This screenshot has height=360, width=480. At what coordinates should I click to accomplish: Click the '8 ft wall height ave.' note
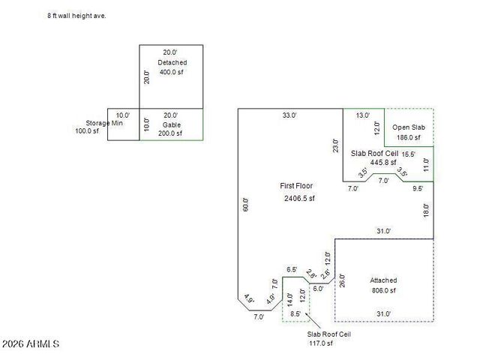(x=76, y=15)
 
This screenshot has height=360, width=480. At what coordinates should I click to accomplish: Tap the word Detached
(x=172, y=62)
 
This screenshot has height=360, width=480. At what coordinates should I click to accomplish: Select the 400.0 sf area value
(x=171, y=72)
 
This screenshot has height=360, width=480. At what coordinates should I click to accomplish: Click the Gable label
(x=172, y=124)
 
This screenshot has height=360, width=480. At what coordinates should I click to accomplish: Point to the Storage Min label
(x=103, y=123)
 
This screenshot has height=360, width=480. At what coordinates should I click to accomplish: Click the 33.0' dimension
(x=289, y=115)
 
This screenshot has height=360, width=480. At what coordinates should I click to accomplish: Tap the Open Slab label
(x=409, y=127)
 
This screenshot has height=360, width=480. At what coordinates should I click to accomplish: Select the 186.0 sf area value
(x=409, y=137)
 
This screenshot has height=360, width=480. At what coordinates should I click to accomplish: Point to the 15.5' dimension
(x=409, y=154)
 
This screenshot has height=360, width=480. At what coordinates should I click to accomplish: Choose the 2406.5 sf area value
(x=299, y=199)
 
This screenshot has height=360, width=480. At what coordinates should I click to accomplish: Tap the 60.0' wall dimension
(x=245, y=204)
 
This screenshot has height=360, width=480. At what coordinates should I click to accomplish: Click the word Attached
(x=383, y=280)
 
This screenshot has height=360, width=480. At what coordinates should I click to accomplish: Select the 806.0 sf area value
(x=383, y=290)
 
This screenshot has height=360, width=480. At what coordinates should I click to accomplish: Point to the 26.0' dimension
(x=342, y=281)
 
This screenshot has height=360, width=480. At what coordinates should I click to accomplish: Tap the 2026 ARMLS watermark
(x=31, y=343)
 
